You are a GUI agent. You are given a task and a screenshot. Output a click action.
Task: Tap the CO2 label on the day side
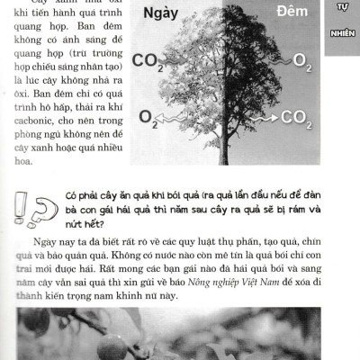[x=146, y=61]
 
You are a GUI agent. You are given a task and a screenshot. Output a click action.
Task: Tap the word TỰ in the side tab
[x=342, y=7]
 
